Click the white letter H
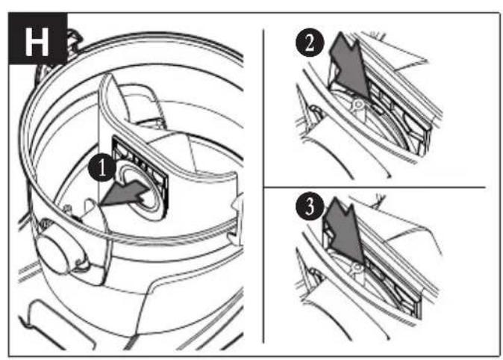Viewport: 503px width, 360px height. (37, 42)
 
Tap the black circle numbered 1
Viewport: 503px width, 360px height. (102, 167)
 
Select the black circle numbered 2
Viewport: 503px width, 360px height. (310, 43)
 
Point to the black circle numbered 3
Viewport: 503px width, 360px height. (310, 206)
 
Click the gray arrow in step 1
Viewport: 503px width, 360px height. (125, 193)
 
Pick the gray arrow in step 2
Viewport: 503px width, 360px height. (350, 66)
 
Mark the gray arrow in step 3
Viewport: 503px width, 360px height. (345, 232)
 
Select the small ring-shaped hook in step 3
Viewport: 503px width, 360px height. (356, 268)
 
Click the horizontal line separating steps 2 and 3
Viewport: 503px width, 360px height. (374, 187)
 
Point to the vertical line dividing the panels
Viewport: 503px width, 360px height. (263, 186)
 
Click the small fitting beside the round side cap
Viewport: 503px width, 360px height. (68, 210)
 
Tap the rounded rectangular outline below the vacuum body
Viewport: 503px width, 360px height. (57, 324)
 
